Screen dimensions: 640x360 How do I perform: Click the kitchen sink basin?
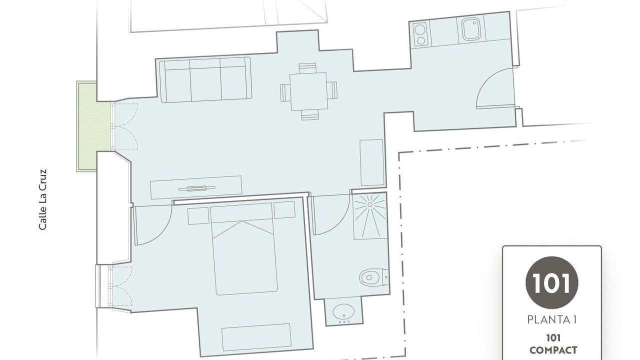[471, 29]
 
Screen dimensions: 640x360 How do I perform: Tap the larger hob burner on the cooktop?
[419, 29]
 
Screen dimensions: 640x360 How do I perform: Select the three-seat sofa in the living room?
[205, 79]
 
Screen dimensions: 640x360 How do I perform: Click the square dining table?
[308, 91]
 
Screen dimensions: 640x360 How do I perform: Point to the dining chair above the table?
[307, 68]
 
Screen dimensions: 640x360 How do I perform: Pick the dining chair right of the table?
[332, 90]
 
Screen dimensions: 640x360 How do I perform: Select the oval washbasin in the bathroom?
[343, 311]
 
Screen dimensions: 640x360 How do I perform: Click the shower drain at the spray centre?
[369, 204]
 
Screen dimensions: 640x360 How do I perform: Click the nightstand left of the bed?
[198, 215]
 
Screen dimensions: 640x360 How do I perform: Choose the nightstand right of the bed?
[284, 209]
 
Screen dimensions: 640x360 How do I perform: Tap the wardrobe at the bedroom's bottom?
[256, 337]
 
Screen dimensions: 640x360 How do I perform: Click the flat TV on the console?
[196, 188]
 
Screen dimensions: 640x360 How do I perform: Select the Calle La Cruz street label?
[42, 199]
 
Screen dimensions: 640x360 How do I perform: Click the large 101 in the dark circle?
[551, 283]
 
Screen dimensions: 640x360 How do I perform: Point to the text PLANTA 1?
[551, 320]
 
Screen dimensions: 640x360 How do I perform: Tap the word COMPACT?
[553, 350]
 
